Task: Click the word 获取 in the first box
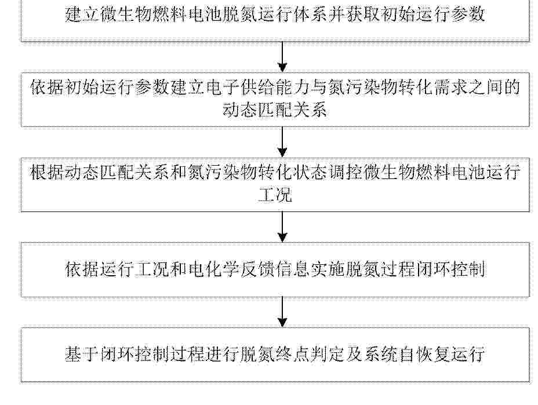pos(362,14)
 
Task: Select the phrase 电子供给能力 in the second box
pos(257,87)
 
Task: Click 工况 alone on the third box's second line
pos(275,195)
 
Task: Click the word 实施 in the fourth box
pos(327,269)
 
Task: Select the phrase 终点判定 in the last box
pos(310,354)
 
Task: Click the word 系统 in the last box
pos(380,354)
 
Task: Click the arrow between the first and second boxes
pos(282,57)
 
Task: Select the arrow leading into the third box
pos(282,142)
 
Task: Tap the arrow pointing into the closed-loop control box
pos(282,227)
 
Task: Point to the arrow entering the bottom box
pos(282,312)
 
